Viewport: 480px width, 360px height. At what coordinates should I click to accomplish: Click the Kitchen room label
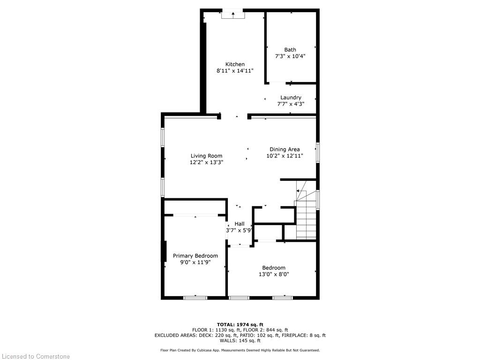coord(235,64)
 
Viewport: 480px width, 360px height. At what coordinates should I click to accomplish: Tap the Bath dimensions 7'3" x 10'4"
coord(290,56)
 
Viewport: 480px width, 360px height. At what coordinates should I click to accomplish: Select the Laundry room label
coord(291,97)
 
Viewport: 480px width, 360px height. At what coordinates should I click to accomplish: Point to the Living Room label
coord(206,156)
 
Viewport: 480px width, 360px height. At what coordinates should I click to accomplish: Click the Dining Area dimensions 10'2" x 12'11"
coord(285,156)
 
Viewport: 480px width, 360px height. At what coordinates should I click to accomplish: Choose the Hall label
coord(240,224)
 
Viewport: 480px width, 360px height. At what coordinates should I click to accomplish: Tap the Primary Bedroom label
coord(195,256)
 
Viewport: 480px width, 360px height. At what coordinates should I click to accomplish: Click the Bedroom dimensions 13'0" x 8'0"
coord(274,274)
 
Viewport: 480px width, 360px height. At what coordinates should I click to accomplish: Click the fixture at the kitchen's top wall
coord(233,15)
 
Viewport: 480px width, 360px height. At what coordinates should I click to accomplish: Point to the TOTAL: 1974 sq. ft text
coord(240,324)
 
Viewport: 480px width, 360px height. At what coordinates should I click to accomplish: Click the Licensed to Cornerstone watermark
coord(35,356)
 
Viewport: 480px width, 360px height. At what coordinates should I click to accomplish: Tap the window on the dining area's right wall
coord(318,153)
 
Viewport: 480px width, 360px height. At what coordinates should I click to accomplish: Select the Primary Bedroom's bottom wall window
coord(195,297)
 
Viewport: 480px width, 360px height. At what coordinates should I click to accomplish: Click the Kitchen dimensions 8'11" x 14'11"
coord(235,71)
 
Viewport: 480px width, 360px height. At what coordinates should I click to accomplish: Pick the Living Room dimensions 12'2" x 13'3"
coord(206,163)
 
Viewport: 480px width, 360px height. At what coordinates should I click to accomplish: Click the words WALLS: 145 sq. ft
coord(240,341)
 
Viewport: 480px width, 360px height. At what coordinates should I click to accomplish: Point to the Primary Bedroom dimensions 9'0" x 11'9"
coord(195,262)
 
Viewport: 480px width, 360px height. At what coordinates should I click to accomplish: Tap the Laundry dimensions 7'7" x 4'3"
coord(291,104)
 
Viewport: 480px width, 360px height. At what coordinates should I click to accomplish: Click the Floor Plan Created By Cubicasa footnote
coord(240,350)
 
